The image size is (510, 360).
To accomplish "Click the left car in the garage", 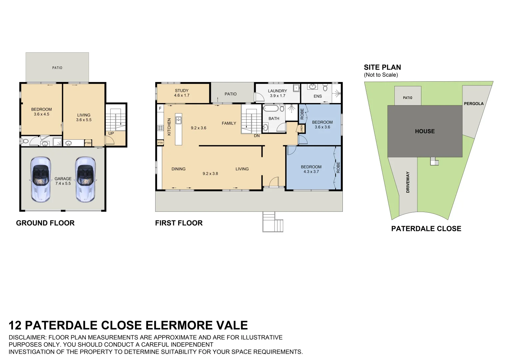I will (41, 179).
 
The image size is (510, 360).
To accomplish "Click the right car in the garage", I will (85, 179).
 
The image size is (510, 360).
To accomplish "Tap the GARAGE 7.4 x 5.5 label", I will (63, 181).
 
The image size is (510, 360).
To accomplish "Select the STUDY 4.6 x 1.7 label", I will (182, 93).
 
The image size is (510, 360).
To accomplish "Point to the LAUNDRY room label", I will (277, 91).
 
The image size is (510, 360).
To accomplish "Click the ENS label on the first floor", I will (317, 96).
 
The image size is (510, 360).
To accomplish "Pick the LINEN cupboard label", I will (301, 129).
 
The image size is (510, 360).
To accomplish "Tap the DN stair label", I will (256, 136).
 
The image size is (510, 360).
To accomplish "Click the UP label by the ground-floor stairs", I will (111, 133).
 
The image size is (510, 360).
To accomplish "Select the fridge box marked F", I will (160, 109).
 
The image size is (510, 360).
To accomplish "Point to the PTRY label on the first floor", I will (160, 143).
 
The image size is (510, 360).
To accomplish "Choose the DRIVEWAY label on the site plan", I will (408, 182).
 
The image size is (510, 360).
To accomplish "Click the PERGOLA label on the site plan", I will (473, 104).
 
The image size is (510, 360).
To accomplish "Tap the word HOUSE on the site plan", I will (425, 131).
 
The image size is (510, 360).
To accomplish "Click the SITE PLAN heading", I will (382, 67).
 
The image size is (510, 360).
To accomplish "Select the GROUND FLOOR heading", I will (45, 223).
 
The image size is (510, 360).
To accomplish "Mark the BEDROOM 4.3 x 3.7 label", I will (311, 169).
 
